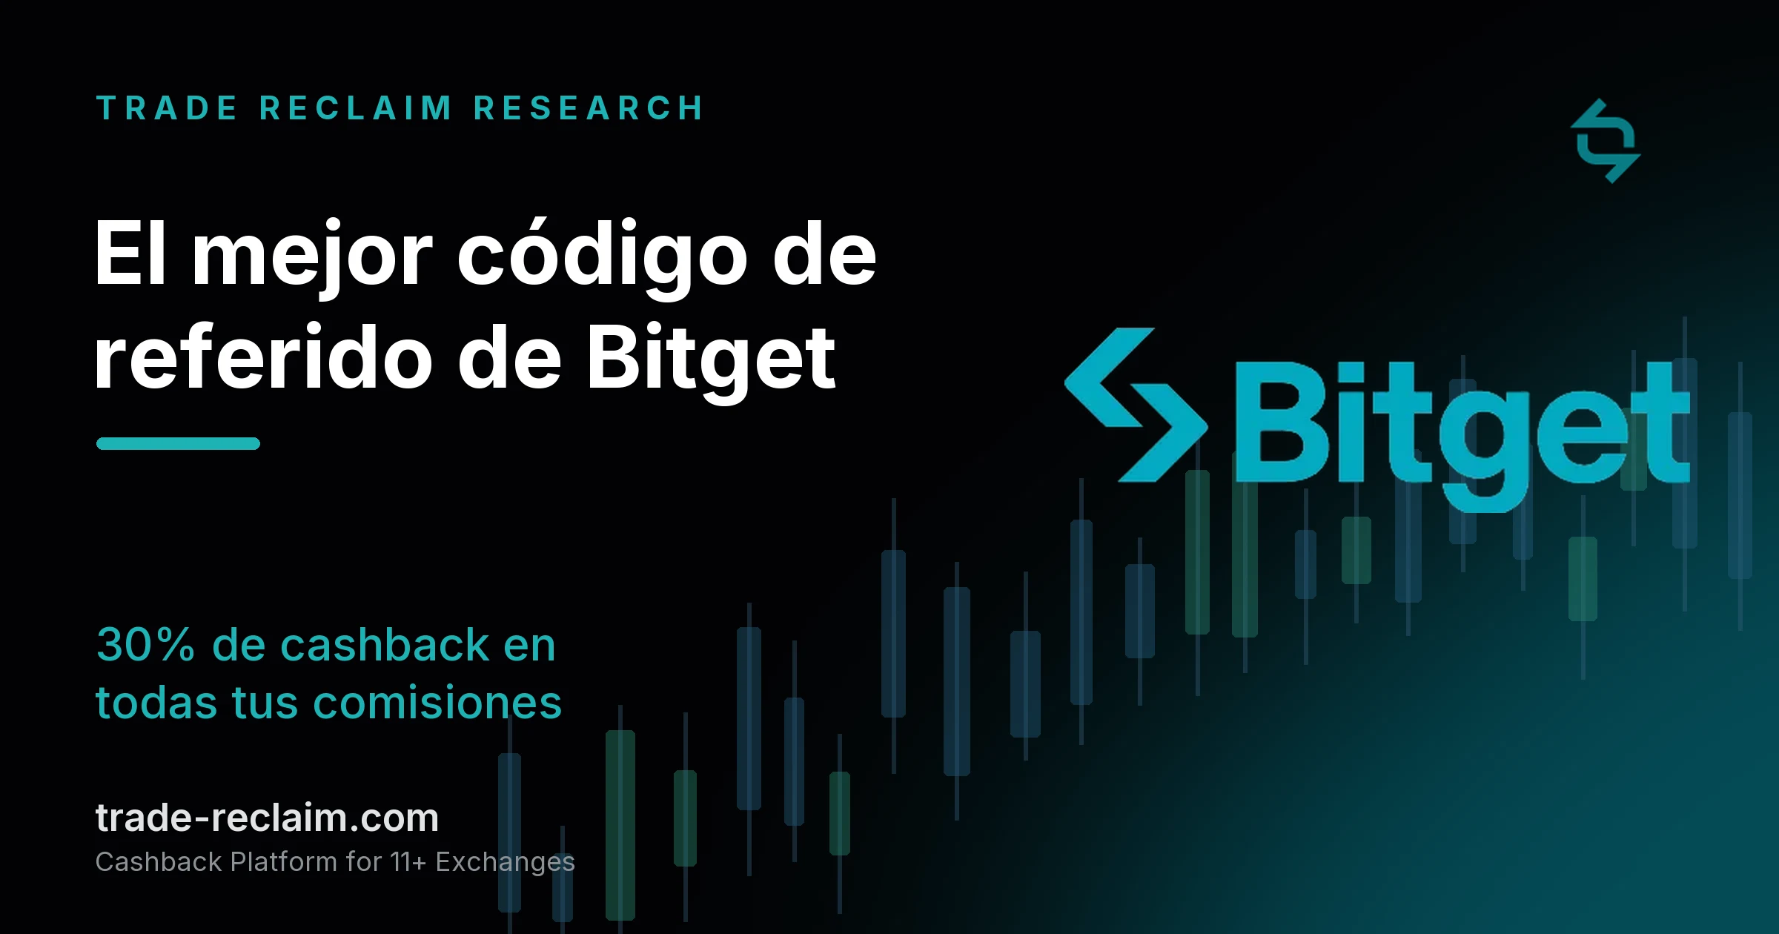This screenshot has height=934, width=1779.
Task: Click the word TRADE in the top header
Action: click(167, 108)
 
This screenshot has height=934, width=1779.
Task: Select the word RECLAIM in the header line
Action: click(356, 108)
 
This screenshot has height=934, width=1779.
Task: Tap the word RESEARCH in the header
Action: click(589, 108)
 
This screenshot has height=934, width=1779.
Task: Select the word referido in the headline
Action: click(264, 358)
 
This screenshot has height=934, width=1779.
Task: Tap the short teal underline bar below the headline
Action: click(178, 443)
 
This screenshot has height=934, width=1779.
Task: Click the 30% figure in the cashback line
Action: click(145, 644)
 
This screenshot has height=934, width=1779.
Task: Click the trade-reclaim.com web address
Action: click(267, 818)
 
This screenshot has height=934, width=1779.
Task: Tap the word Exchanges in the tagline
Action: click(505, 863)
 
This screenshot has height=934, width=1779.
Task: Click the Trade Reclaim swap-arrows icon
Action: click(1606, 141)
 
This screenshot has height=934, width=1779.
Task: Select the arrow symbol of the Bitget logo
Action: click(1134, 405)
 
